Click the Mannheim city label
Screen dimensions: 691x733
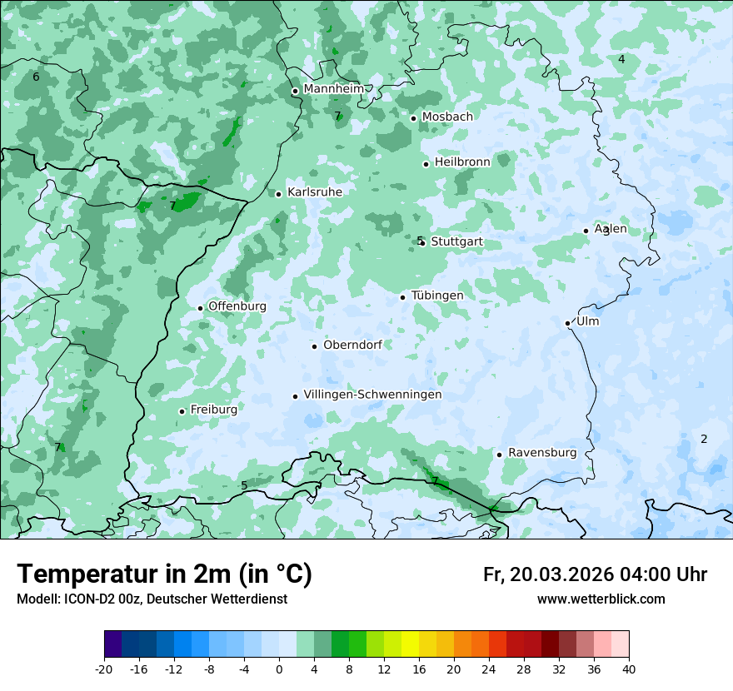point(333,89)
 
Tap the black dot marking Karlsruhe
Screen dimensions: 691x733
point(279,194)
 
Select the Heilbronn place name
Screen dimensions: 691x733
point(462,162)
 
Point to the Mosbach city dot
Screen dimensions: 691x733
point(413,118)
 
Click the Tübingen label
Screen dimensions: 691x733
point(437,296)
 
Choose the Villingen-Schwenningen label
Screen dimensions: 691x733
point(372,395)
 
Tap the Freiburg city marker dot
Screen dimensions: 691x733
point(182,411)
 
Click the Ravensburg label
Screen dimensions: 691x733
point(542,453)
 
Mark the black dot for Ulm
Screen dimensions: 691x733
point(567,323)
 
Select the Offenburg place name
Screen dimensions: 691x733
point(237,306)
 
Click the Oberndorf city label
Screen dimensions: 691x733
point(352,345)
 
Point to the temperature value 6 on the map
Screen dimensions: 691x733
point(36,77)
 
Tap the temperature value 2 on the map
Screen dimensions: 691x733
point(704,439)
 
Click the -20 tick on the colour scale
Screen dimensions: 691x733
point(104,669)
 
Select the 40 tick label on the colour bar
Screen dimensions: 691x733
point(629,669)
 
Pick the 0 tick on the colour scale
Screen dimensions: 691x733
point(279,669)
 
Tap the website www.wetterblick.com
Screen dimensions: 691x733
point(601,599)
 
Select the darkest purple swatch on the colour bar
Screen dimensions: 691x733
point(113,644)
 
